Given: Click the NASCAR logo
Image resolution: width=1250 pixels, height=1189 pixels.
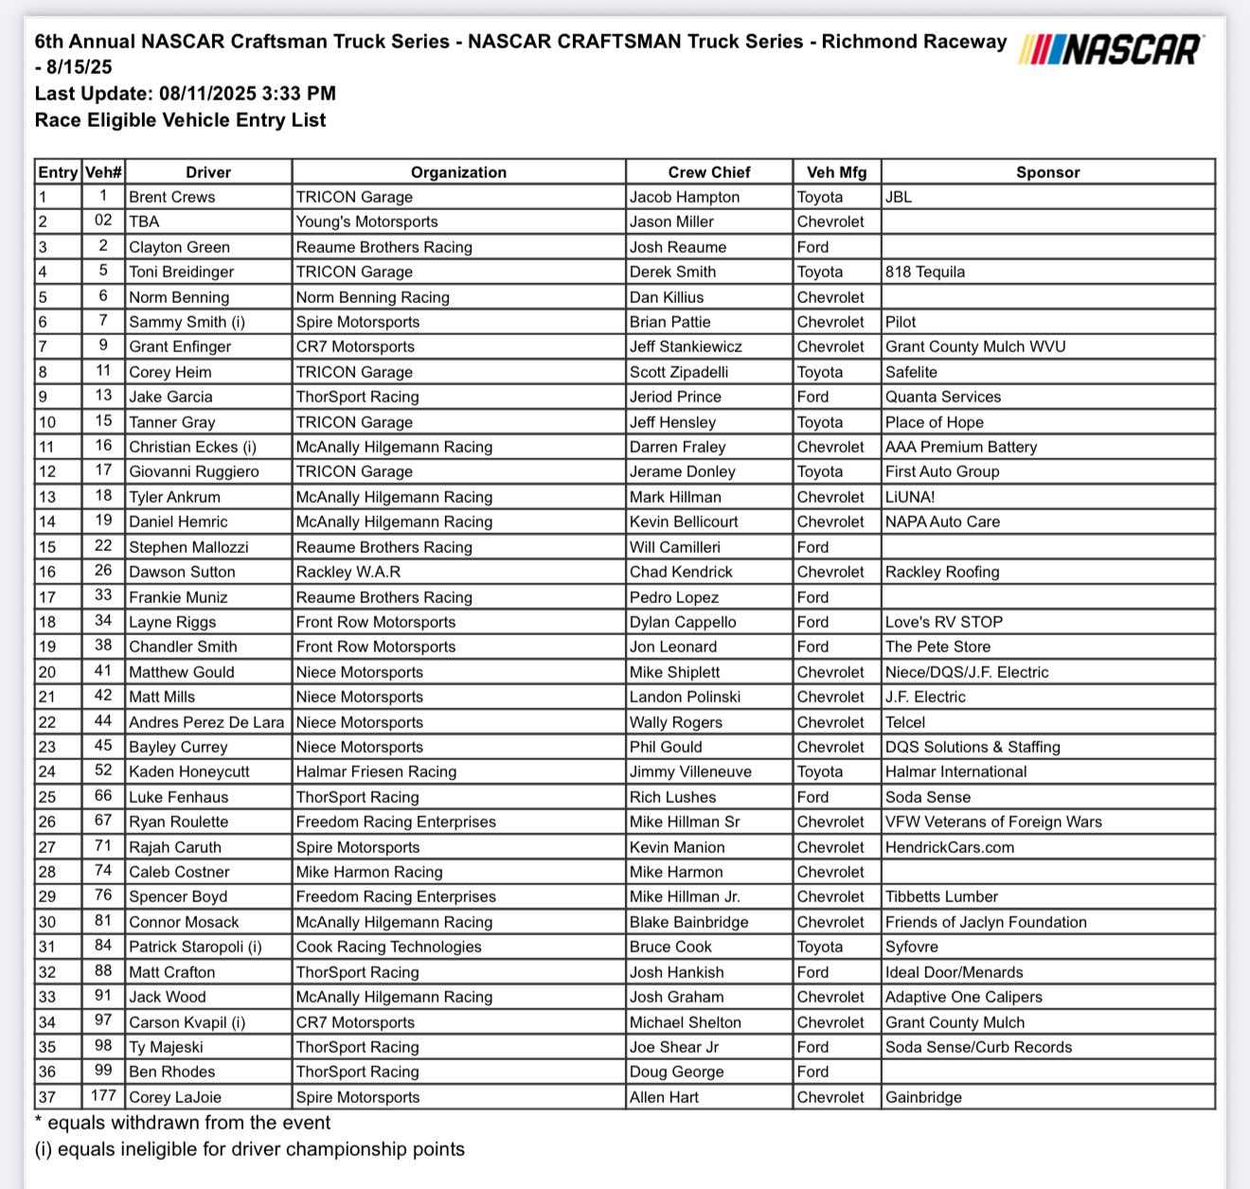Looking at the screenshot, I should [1112, 48].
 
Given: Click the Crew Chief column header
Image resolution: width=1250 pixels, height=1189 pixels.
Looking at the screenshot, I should [708, 172].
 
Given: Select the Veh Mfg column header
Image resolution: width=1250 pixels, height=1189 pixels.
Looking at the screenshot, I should [837, 172].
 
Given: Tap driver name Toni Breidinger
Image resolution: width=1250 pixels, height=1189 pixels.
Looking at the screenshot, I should [181, 272].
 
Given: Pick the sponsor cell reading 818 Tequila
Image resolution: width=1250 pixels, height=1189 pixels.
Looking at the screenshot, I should [925, 272].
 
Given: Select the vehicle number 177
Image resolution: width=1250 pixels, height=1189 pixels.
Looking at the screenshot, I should [103, 1096].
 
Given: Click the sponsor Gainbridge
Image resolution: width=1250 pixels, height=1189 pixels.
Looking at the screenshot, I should [923, 1097].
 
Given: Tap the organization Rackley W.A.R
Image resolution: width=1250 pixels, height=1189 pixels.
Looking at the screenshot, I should [348, 572].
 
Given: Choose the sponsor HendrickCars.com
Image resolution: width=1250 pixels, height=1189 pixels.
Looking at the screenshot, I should [949, 847].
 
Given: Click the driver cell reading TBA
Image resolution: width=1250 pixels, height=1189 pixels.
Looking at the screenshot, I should [144, 222].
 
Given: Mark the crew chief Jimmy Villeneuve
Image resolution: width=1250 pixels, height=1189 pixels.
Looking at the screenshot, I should [690, 772].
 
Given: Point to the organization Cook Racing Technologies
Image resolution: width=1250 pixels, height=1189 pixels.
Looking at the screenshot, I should [388, 947].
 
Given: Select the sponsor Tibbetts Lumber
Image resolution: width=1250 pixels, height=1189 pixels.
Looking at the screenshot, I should [941, 896].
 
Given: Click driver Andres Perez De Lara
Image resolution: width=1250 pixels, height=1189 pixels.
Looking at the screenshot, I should [206, 722].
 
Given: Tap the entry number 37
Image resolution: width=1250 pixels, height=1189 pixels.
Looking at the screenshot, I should [47, 1097].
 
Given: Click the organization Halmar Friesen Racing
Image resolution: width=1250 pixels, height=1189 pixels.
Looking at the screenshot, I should [376, 772].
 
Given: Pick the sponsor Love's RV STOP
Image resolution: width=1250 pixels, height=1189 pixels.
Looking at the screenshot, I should [943, 622].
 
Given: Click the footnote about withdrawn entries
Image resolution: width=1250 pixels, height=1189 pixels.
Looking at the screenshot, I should [183, 1123].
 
